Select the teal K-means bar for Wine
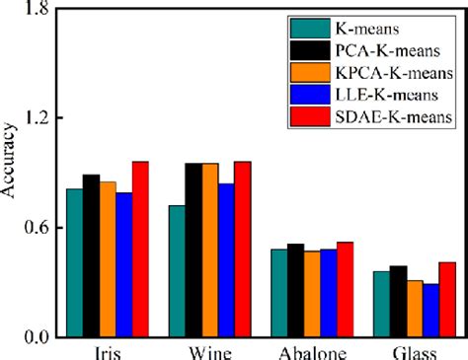pos(177,271)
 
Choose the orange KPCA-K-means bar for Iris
pos(107,259)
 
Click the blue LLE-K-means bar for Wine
pos(226,260)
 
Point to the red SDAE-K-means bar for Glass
pos(447,300)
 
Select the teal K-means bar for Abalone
pos(279,293)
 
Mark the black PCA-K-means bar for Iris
pos(91,255)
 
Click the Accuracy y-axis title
pos(9,174)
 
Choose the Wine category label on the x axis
pos(209,352)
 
